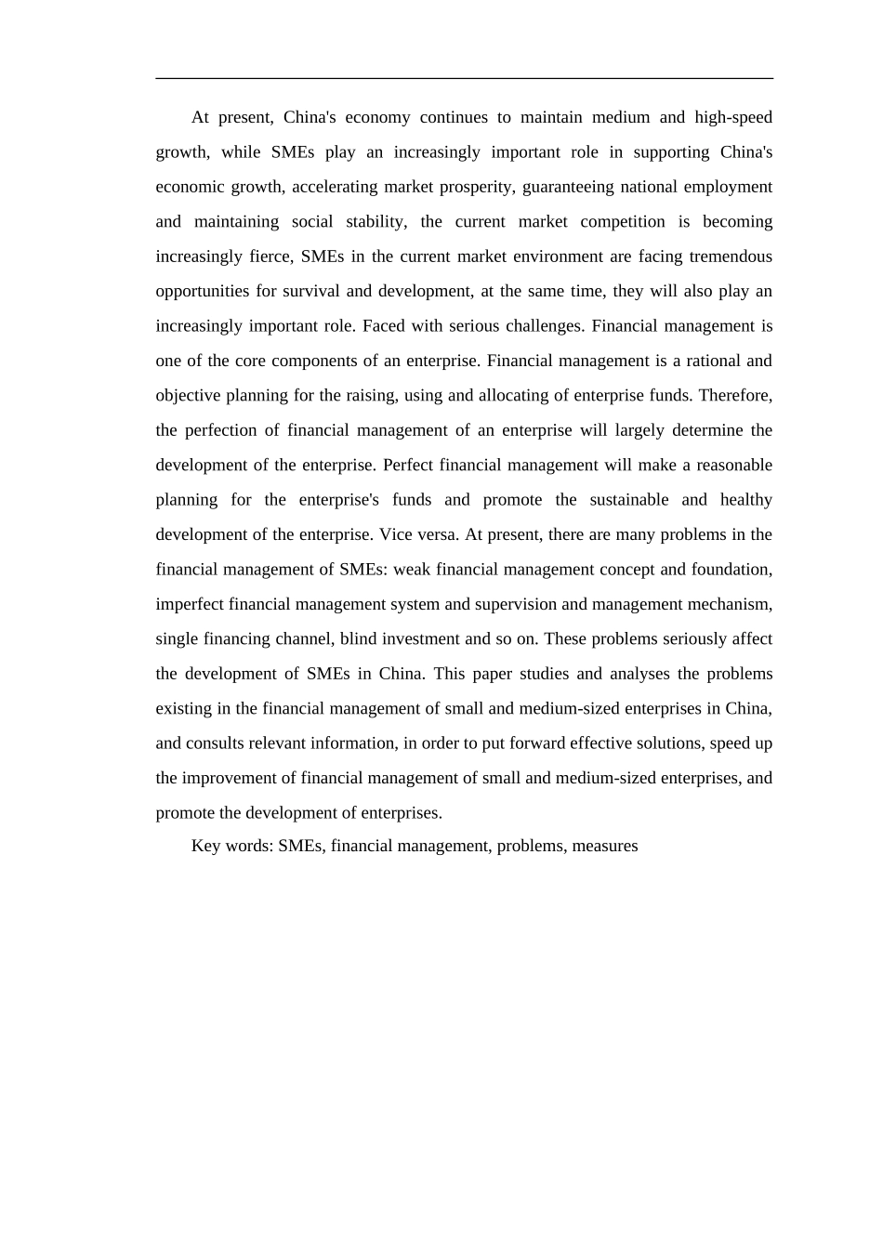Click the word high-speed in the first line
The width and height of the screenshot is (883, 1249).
click(733, 118)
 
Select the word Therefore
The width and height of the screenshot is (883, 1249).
click(734, 396)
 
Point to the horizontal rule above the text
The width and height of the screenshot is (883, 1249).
click(464, 79)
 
